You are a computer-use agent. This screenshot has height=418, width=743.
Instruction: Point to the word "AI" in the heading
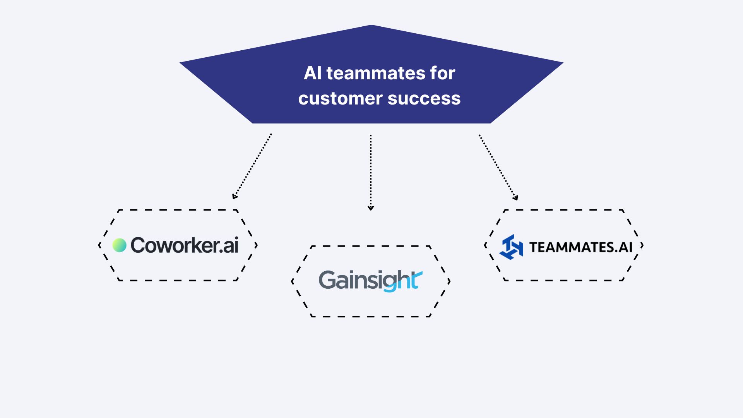click(x=313, y=73)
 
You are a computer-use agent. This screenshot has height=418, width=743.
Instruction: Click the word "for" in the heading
click(x=442, y=73)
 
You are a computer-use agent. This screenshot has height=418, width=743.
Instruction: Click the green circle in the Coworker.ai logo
click(x=119, y=245)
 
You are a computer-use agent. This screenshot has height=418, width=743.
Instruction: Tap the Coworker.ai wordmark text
click(x=184, y=245)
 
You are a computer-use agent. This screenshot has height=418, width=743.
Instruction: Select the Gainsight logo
click(x=370, y=281)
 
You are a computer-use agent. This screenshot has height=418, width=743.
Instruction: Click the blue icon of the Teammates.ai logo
click(x=511, y=247)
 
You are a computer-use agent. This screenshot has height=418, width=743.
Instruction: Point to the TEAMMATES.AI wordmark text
click(x=580, y=247)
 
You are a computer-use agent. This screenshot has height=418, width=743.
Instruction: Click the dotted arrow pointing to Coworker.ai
click(x=252, y=166)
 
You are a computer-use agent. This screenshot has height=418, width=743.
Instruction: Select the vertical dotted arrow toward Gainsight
click(x=371, y=170)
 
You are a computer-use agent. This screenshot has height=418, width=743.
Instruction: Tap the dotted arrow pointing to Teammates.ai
click(x=498, y=166)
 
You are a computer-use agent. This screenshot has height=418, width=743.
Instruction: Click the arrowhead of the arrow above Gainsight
click(x=371, y=208)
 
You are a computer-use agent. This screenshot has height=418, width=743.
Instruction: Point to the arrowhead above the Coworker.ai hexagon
click(x=234, y=197)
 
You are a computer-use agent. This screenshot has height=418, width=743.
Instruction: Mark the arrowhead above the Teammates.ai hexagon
click(x=515, y=198)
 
